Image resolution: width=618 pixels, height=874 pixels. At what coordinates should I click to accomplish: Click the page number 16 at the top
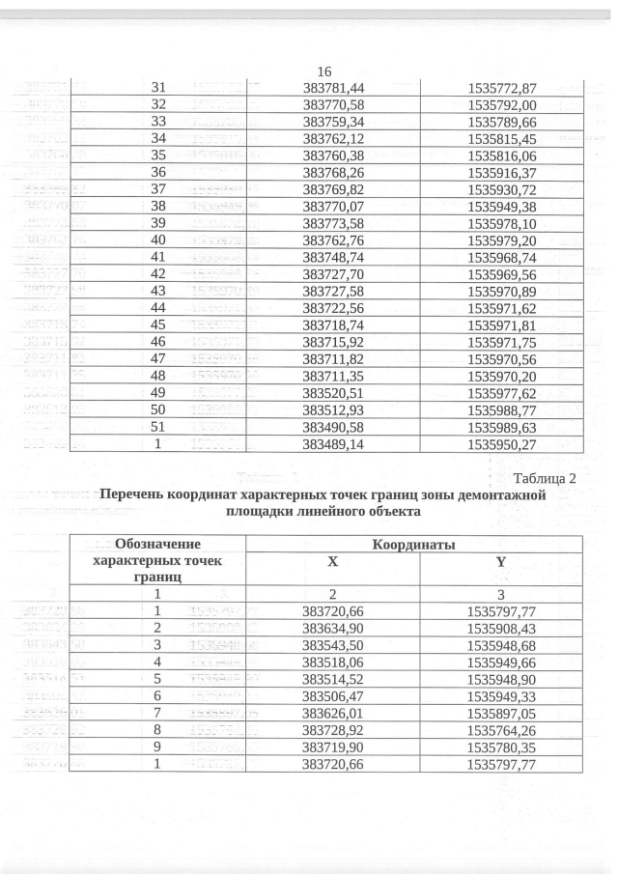(324, 72)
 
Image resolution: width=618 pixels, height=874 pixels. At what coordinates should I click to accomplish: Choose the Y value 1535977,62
(501, 393)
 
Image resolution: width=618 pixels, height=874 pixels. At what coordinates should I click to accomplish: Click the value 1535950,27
(501, 445)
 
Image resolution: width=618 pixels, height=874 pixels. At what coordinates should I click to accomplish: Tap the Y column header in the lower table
(501, 561)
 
